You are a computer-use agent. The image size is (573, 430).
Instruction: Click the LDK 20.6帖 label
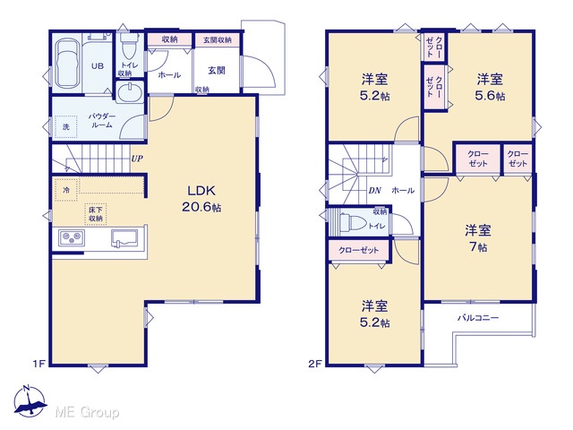pos(201,199)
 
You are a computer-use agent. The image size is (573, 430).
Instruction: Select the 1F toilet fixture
pos(129,46)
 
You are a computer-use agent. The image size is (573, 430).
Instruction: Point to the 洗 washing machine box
pos(65,126)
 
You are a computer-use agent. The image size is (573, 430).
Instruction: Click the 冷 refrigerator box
pos(66,190)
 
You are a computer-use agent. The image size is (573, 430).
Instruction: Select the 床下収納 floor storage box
pos(96,214)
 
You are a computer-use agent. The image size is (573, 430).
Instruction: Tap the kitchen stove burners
pos(72,238)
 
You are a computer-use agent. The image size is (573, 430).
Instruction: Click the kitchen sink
pos(124,239)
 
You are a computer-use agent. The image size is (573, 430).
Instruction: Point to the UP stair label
pos(137,159)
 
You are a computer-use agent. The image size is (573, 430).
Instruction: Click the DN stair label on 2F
pos(374,191)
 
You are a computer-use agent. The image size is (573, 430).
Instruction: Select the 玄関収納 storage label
pos(217,40)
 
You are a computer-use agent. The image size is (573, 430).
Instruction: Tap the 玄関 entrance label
pos(217,70)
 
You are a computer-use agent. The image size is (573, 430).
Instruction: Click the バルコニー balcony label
pos(478,318)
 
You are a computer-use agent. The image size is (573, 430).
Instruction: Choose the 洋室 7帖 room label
pos(477,238)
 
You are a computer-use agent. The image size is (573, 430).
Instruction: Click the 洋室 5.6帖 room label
pos(490,87)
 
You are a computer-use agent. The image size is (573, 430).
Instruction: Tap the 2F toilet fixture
pos(352,221)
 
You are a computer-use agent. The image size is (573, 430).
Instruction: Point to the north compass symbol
pos(30,401)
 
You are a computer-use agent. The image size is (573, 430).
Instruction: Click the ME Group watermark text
pos(87,412)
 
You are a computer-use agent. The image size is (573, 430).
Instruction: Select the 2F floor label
pos(315,364)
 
